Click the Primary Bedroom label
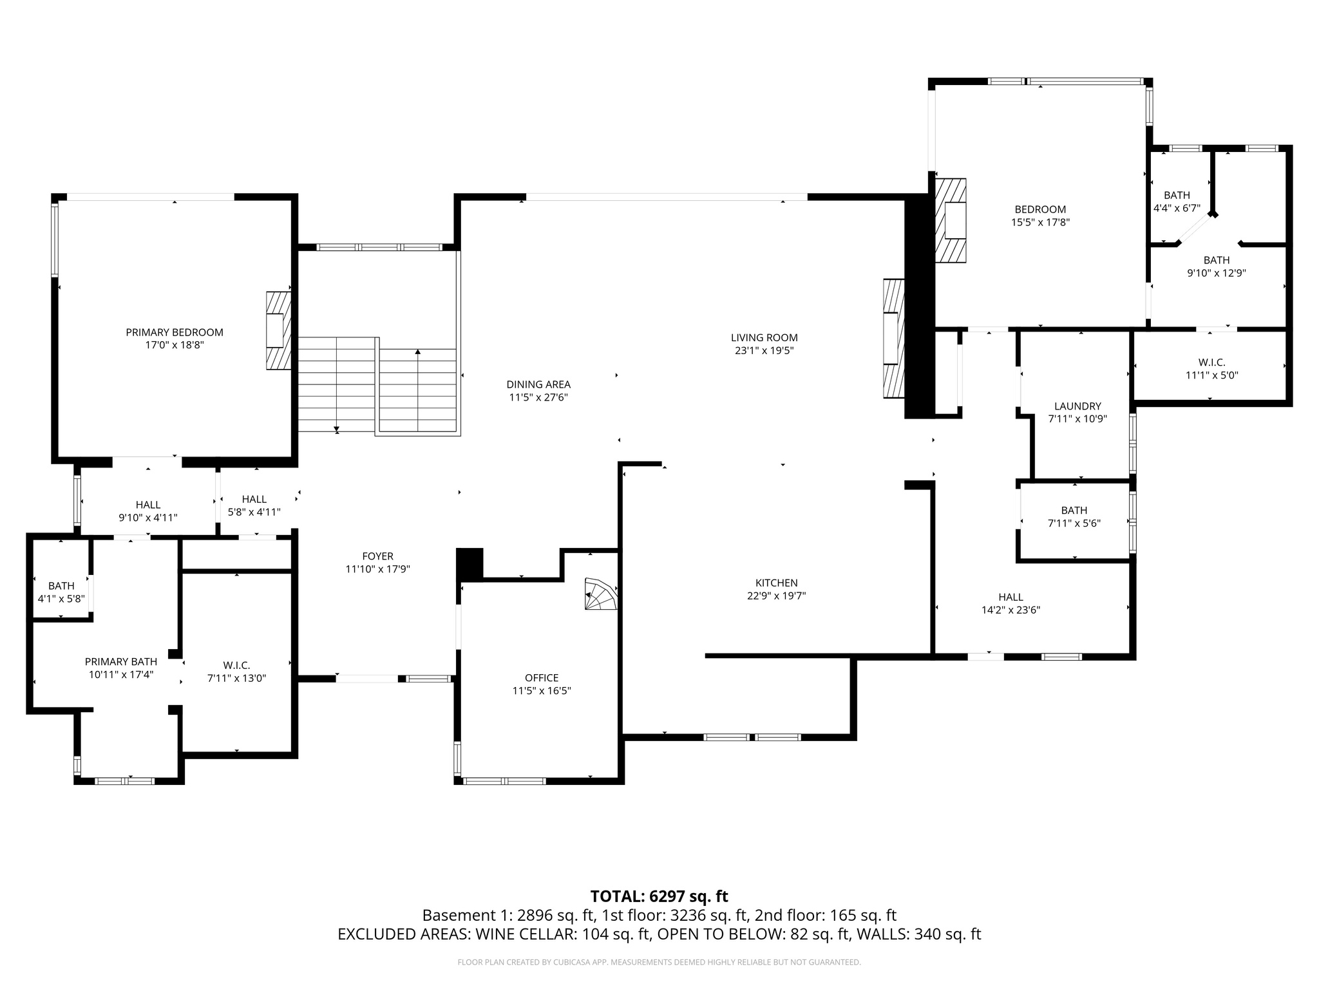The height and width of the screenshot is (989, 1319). [x=174, y=332]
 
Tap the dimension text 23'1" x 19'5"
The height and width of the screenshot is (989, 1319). [x=764, y=351]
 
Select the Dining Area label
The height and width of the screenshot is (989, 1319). [x=538, y=384]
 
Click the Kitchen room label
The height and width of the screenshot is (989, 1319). [x=776, y=583]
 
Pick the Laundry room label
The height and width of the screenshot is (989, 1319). [x=1077, y=406]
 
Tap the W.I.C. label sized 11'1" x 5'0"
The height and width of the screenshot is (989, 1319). [x=1211, y=363]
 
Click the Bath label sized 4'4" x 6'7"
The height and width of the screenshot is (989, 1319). [x=1177, y=195]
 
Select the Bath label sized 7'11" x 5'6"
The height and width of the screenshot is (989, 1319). [x=1074, y=511]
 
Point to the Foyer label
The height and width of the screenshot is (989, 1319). [x=377, y=556]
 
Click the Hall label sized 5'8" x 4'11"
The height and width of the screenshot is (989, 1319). [x=254, y=499]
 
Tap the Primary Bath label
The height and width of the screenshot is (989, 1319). [x=121, y=662]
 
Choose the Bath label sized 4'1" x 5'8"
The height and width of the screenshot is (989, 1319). [x=61, y=586]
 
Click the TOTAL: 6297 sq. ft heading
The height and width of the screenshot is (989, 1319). [x=659, y=896]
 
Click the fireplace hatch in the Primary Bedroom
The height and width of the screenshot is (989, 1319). [x=278, y=330]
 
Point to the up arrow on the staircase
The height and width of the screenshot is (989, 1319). [x=418, y=352]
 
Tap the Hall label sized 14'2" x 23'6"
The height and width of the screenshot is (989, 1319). [x=1011, y=598]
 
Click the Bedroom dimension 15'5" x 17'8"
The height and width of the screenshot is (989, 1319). [x=1040, y=222]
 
